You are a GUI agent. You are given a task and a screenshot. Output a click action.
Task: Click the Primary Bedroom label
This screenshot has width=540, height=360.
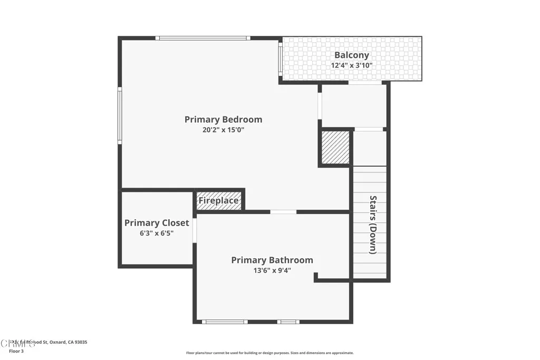pos(223,120)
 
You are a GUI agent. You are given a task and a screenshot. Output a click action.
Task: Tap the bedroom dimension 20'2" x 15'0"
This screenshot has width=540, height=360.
pos(223,130)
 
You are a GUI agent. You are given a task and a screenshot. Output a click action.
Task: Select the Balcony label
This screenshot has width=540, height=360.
pos(352,55)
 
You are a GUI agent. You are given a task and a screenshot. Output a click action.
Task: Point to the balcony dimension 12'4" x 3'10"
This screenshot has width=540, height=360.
pos(352,66)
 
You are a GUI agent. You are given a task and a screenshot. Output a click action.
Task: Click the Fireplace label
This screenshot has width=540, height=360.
pos(218,201)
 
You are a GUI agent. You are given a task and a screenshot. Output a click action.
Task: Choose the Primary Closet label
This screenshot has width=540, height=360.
pos(157,223)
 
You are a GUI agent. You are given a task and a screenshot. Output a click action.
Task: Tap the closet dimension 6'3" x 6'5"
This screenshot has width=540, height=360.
pos(157,233)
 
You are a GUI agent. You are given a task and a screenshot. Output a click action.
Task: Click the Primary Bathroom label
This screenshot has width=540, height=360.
pos(272,260)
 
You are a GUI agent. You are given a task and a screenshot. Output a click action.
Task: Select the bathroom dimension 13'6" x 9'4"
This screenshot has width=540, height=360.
pos(272,270)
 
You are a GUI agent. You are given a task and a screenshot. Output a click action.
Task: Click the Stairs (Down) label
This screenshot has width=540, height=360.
pos(373,225)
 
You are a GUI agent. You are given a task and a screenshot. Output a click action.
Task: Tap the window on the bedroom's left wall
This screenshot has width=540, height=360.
pos(120,115)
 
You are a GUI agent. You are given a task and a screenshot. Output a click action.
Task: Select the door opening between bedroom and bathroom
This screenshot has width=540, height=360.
pos(283,212)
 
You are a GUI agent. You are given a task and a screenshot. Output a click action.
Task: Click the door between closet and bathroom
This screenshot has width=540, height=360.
pos(195,230)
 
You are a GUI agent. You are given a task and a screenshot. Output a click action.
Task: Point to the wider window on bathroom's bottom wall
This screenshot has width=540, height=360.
pos(225,322)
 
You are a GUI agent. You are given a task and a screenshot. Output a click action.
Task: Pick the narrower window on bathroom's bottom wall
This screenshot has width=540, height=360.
pos(288,322)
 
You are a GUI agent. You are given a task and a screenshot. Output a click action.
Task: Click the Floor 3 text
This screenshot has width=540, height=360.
pos(16,351)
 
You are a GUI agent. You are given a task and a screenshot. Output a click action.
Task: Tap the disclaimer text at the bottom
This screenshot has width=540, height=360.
pos(269,353)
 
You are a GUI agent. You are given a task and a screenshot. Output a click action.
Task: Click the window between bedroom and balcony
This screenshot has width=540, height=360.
pos(281,59)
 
